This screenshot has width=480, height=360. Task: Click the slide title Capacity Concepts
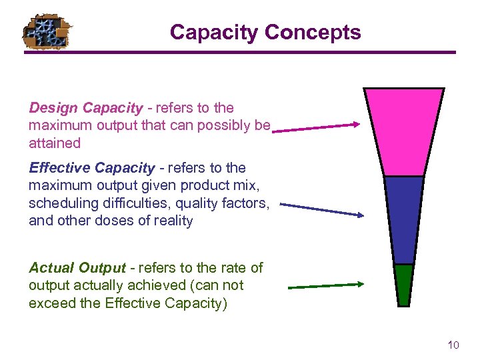click(265, 32)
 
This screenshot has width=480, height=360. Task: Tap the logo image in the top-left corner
click(46, 32)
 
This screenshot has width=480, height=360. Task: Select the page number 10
click(453, 345)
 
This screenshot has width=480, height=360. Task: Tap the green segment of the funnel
click(403, 285)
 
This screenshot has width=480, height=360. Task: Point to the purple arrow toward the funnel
click(317, 127)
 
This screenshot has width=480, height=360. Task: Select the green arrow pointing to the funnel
click(326, 285)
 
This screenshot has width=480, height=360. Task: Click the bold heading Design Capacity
click(86, 108)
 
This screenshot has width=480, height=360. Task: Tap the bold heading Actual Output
click(77, 268)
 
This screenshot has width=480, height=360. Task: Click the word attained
click(55, 143)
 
